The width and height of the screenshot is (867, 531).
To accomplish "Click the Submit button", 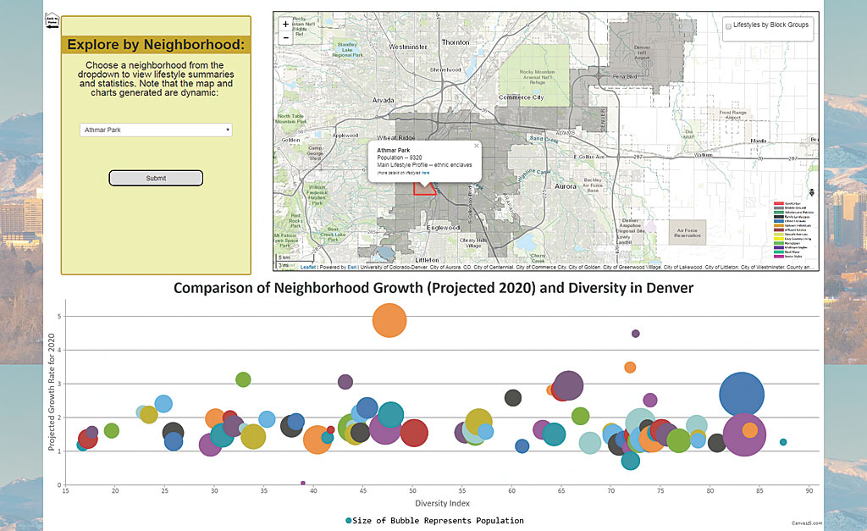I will [x=156, y=178].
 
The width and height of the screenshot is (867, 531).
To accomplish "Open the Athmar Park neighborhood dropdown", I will [x=156, y=130].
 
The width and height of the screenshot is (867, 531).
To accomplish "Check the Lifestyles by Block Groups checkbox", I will [x=729, y=25].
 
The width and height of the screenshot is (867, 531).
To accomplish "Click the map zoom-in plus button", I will [x=285, y=25].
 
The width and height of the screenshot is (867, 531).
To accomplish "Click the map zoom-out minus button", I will [x=285, y=37].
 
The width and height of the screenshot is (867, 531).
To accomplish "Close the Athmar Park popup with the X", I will [x=476, y=146].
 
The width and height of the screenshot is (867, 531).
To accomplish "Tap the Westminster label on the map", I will [x=408, y=47].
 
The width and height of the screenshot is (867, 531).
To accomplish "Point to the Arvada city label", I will [x=384, y=100].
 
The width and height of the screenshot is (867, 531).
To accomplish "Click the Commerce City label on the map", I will [x=520, y=97].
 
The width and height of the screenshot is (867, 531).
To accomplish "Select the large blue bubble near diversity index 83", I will [x=743, y=395].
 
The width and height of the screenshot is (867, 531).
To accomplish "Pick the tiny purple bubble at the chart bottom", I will [x=303, y=483].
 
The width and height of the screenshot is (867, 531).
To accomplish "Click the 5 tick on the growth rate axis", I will [x=60, y=317].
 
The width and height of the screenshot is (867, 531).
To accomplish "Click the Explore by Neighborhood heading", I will [x=156, y=45].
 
